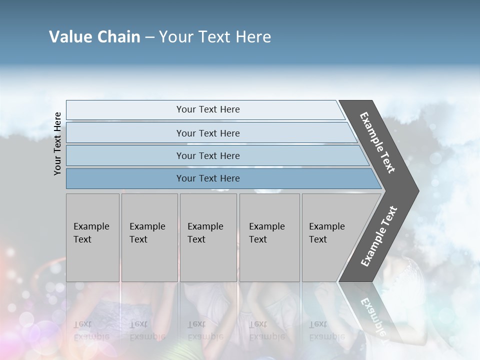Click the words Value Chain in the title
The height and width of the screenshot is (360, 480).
pos(94,37)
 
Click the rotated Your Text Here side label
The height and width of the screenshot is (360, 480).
pos(57,143)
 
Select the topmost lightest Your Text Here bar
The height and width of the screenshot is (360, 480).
pos(207,109)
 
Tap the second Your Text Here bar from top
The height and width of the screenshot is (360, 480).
pos(207,133)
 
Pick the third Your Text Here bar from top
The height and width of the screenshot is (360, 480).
pos(207,155)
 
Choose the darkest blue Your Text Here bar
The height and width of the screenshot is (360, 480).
pos(207,178)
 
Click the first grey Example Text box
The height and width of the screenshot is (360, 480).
pos(92,237)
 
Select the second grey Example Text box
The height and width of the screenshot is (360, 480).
pos(149,237)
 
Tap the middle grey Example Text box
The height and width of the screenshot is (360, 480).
pos(208,237)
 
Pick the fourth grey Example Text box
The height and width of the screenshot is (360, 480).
pos(269,237)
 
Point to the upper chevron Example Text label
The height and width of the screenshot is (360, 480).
pos(377,142)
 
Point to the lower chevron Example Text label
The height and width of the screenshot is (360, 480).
pos(379,236)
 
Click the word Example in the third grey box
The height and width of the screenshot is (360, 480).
pos(205,226)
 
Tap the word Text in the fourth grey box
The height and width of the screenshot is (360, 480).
pos(258,239)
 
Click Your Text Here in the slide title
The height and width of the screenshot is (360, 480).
pos(215,37)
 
